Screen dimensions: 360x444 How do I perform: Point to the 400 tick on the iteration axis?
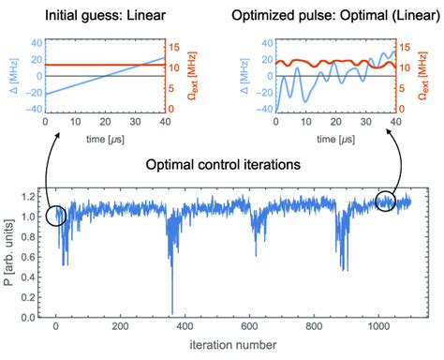click(183, 327)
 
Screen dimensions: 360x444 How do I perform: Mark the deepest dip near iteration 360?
click(171, 311)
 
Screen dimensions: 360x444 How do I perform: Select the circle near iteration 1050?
click(388, 201)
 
